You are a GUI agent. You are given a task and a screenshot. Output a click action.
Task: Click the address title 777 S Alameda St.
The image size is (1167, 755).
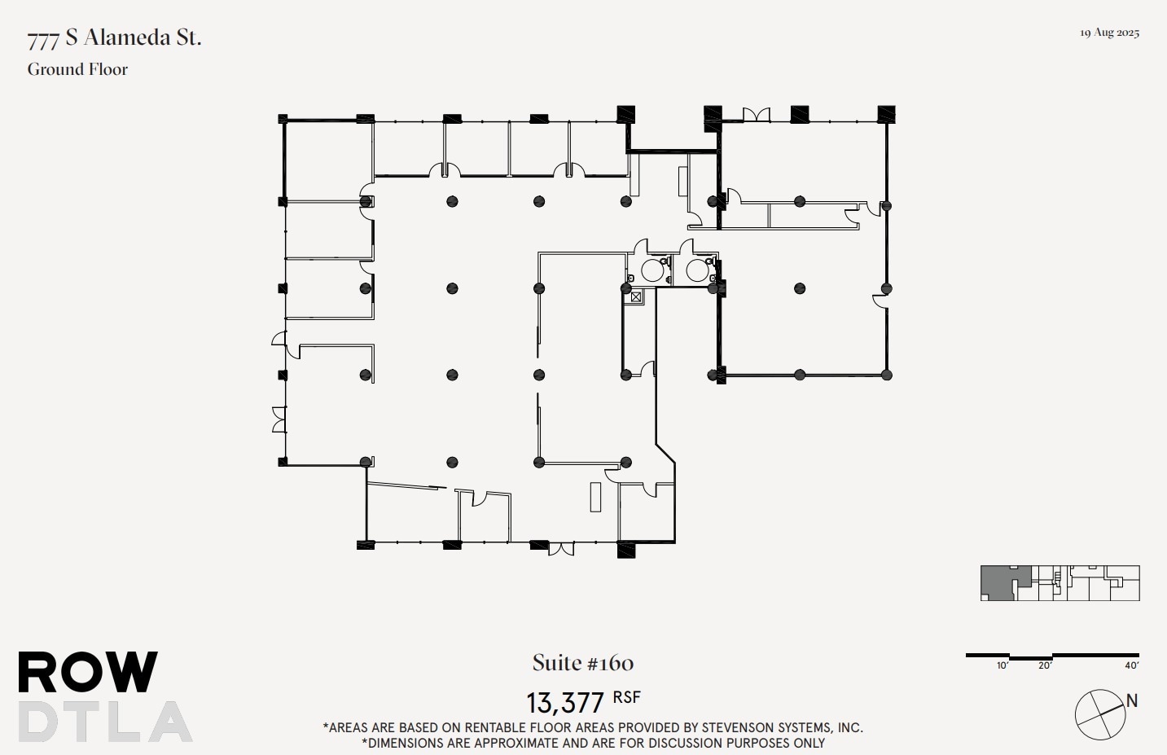(114, 38)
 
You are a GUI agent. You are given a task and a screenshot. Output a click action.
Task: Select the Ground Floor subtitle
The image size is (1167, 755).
(77, 70)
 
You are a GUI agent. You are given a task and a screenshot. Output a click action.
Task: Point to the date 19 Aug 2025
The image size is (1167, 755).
(1109, 33)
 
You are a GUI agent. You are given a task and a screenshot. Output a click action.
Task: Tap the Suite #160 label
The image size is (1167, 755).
(583, 663)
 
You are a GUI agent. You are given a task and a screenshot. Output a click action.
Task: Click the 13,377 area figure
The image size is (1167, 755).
(565, 702)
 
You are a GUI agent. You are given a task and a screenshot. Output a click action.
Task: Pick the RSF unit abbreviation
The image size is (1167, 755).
(626, 698)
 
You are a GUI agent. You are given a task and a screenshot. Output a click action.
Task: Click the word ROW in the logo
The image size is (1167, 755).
(88, 673)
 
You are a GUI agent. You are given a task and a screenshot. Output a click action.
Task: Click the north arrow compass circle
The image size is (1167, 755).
(1100, 715)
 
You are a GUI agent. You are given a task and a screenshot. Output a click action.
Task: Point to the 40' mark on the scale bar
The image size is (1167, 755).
(1131, 665)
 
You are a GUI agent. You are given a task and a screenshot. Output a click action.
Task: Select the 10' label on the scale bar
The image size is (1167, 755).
(1002, 665)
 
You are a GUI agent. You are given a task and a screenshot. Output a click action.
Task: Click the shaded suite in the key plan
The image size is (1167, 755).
(998, 582)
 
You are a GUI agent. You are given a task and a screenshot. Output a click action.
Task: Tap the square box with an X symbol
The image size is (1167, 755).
(636, 297)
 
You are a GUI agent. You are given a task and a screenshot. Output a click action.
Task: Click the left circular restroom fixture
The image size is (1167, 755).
(652, 270)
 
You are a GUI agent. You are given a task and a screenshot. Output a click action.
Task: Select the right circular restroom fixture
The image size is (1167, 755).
(697, 270)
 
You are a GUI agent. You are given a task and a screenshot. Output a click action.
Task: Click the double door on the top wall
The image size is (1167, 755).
(756, 115)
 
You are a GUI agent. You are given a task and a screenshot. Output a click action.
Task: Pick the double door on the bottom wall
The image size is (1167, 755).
(560, 549)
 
